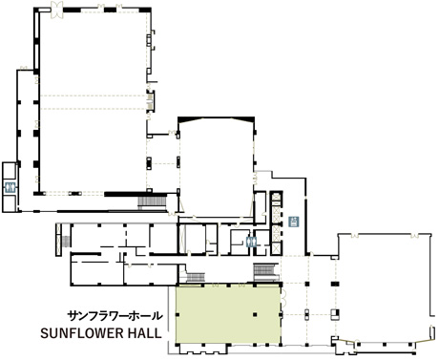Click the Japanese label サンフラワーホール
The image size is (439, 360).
[x=115, y=316]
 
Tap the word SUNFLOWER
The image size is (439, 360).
[x=82, y=333]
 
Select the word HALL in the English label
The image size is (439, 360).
[x=144, y=333]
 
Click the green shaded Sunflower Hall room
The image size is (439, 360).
[x=228, y=314]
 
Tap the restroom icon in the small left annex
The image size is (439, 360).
[x=10, y=187]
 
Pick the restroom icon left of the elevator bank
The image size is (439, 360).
[x=252, y=243]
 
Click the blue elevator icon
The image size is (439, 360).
[x=294, y=222]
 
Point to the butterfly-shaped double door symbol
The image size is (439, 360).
[x=57, y=9]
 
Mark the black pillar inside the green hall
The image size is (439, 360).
[x=255, y=315]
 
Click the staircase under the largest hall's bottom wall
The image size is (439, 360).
[x=152, y=202]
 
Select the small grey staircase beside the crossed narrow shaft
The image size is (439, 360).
[x=66, y=242]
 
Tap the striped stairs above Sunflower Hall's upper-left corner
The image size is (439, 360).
[x=196, y=277]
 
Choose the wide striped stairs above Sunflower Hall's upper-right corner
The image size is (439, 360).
[x=266, y=271]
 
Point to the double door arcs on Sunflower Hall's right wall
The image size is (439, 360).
[x=283, y=297]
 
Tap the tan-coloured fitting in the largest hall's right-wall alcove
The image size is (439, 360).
[x=150, y=99]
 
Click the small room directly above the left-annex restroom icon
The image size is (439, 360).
[x=9, y=171]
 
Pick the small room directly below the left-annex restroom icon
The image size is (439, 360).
[x=9, y=203]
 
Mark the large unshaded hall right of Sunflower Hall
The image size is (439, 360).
[x=385, y=289]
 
